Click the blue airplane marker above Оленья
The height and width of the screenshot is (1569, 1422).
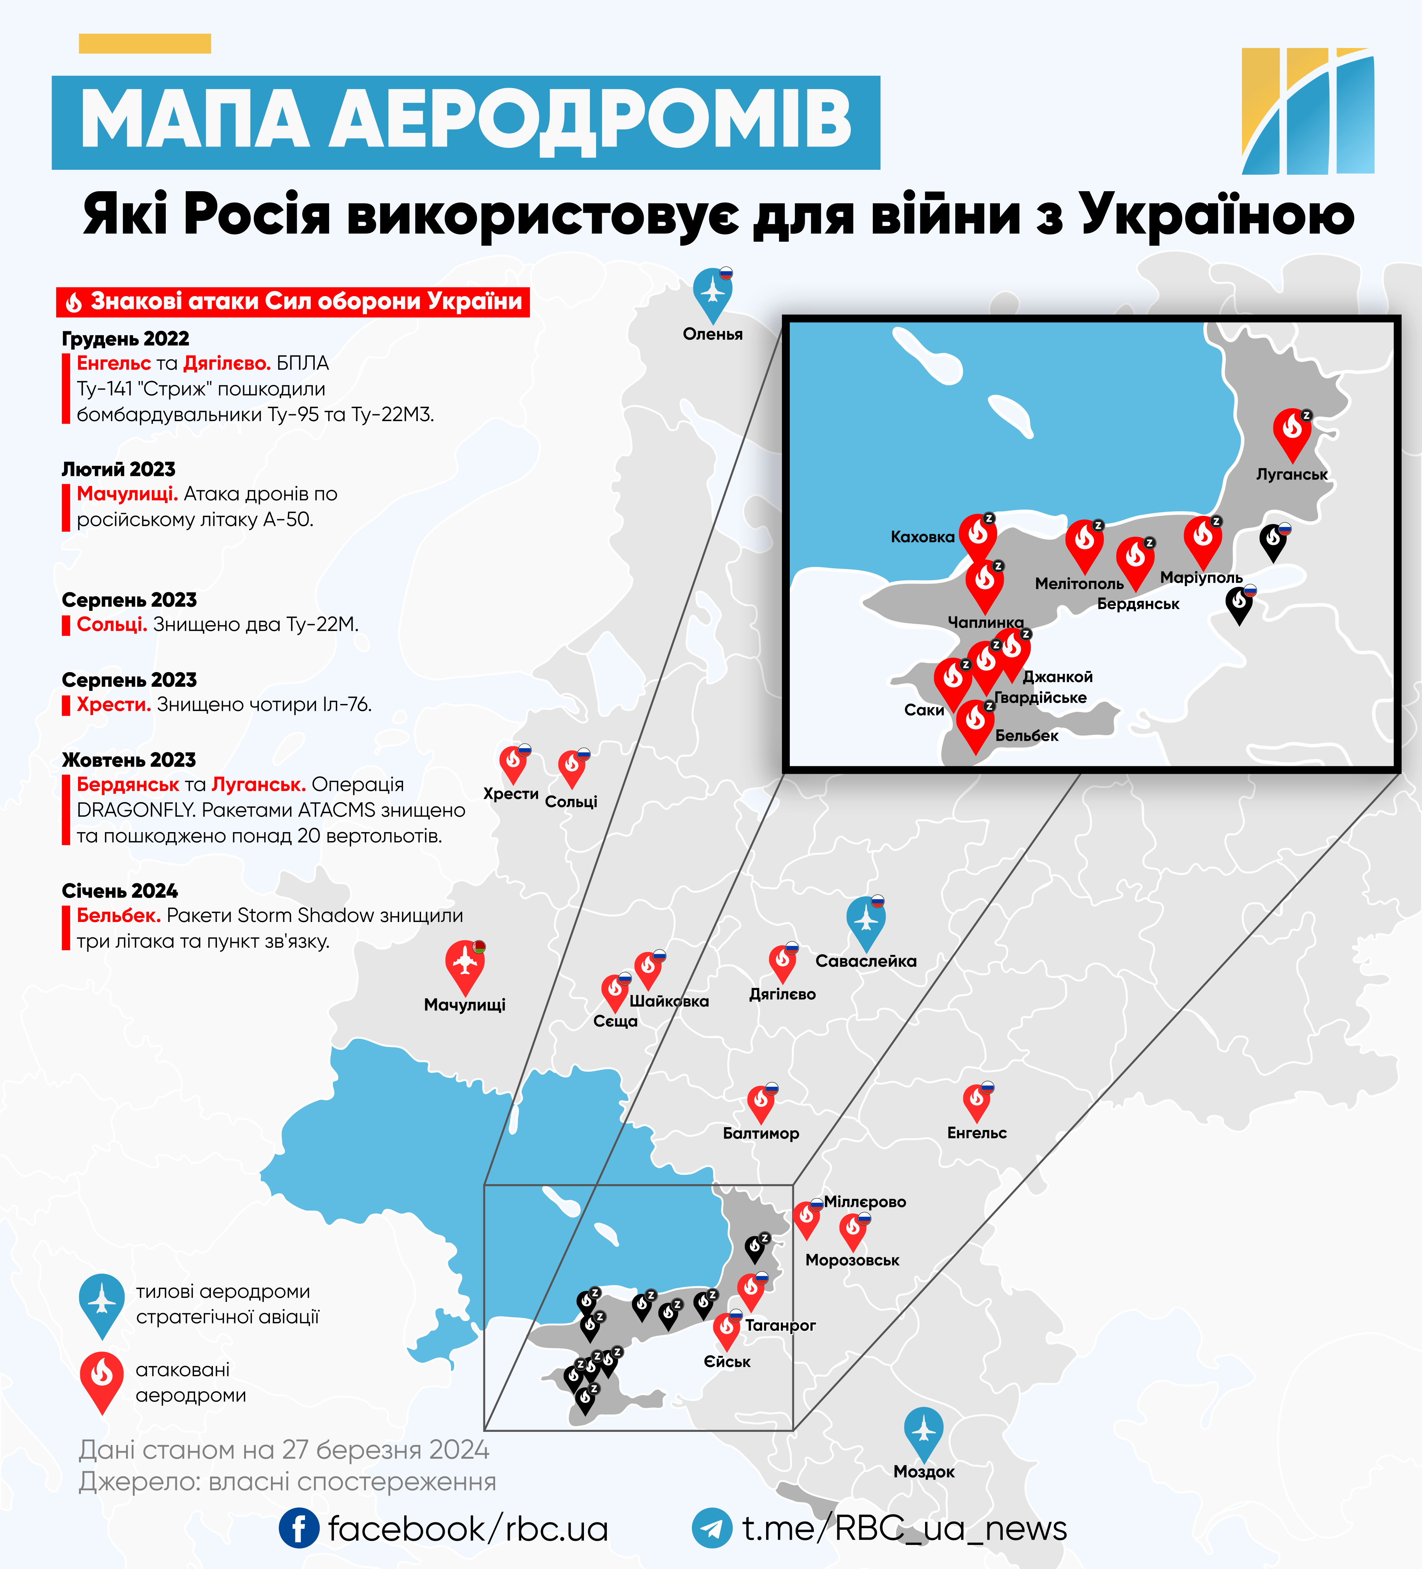(x=712, y=292)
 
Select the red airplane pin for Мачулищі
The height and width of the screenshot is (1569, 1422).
(x=465, y=964)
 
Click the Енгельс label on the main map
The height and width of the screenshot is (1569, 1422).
(x=977, y=1133)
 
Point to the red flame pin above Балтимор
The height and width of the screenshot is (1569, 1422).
(x=760, y=1101)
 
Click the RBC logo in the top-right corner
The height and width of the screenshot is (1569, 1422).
(x=1307, y=111)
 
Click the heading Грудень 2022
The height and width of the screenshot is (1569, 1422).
(x=125, y=339)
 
